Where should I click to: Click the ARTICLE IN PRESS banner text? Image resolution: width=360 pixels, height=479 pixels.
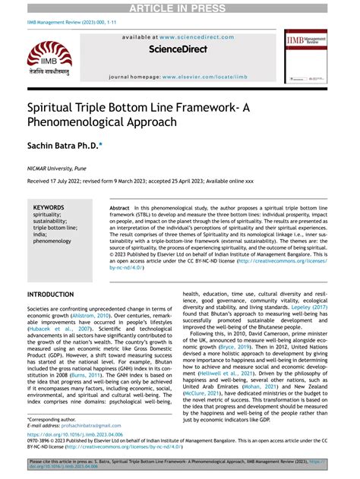(180, 8)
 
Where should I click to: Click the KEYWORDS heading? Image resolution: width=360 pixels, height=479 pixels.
(49, 206)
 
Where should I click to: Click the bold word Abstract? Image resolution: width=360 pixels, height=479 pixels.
(120, 207)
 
